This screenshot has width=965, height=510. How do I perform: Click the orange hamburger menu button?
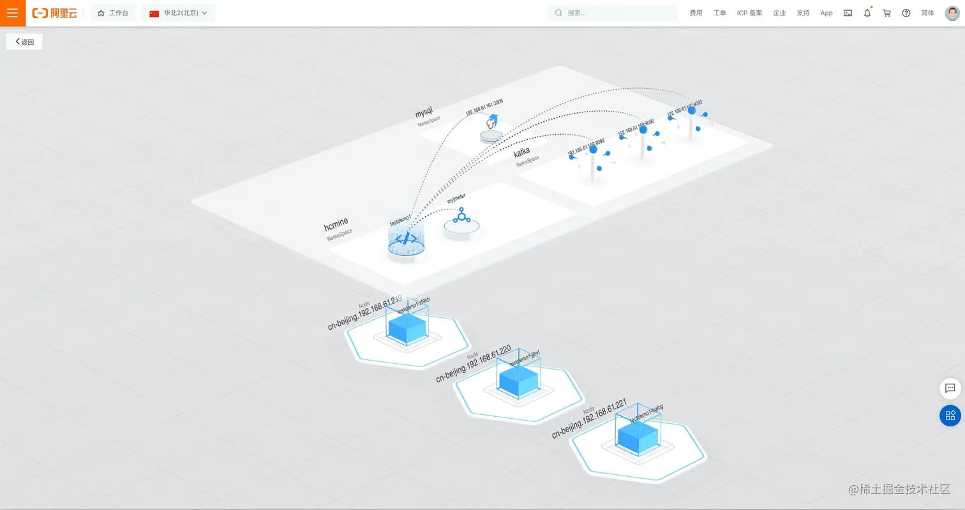[13, 13]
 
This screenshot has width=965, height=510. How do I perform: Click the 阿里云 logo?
[55, 13]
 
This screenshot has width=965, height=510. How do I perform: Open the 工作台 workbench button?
[113, 13]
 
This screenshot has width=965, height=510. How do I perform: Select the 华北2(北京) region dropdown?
[179, 13]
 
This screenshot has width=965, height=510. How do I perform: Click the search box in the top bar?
[613, 13]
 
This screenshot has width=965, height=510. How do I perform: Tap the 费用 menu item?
[696, 13]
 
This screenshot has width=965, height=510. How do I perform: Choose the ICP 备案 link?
[749, 13]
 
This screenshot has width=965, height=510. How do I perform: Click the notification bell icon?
[867, 13]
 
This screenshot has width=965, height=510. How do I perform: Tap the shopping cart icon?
[886, 13]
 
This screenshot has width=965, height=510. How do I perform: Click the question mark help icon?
[906, 13]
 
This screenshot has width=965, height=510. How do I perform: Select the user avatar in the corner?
[952, 13]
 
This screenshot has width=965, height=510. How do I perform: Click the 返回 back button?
[24, 41]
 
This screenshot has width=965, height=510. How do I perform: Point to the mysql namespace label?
[424, 113]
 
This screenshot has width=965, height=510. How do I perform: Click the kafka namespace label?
[521, 153]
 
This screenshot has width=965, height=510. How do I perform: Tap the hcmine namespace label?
[336, 225]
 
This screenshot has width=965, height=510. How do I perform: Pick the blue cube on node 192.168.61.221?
[638, 436]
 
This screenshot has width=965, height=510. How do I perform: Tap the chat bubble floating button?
[950, 388]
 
